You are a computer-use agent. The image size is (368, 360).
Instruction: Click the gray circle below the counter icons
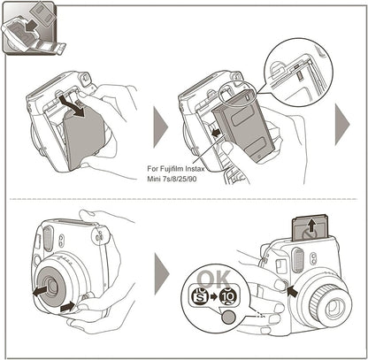click(230, 316)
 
